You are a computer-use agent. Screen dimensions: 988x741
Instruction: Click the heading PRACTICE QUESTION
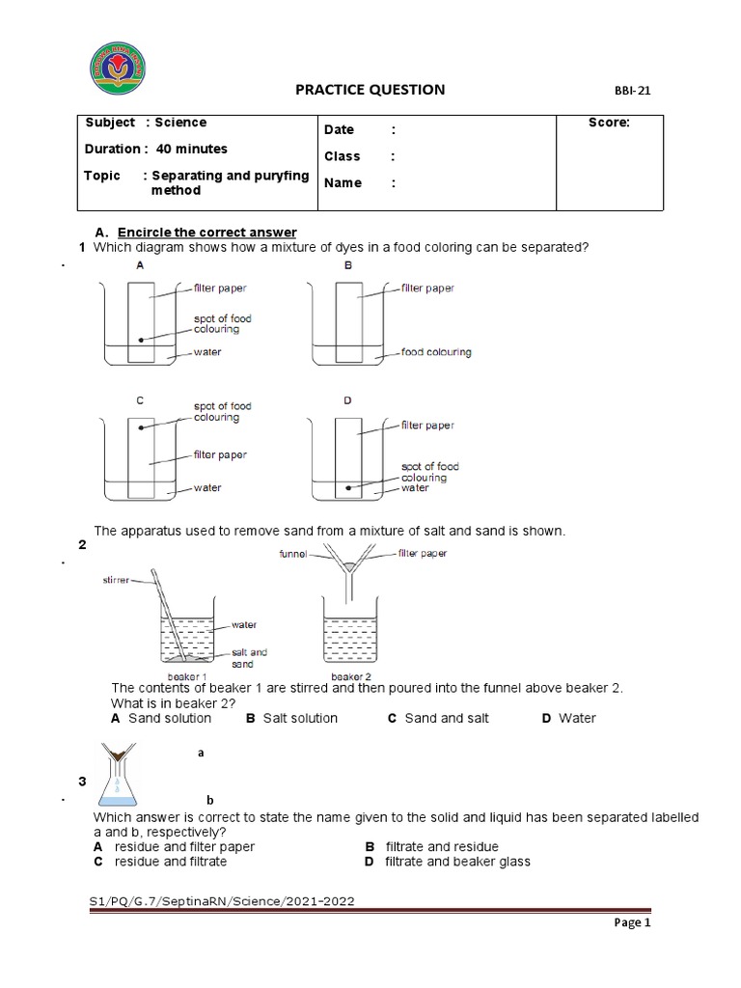point(370,90)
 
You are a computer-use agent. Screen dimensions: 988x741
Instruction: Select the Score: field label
point(609,123)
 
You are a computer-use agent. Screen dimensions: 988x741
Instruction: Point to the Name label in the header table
point(343,183)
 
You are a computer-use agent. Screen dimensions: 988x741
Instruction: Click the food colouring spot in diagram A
point(141,340)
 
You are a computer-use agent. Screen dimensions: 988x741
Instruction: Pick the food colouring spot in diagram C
point(141,427)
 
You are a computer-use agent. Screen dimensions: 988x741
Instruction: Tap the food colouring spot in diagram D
point(349,488)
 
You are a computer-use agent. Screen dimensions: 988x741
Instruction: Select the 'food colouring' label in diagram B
point(436,352)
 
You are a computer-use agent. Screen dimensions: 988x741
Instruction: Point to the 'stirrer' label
point(117,580)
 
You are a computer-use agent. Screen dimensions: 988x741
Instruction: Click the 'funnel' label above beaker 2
point(292,554)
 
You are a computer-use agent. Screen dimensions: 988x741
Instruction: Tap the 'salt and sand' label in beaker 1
point(249,658)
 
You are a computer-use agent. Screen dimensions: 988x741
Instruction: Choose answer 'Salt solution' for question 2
point(300,718)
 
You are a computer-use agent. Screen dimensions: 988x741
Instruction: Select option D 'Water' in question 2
point(577,718)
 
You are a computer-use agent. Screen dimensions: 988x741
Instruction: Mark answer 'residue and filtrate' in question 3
point(170,862)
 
